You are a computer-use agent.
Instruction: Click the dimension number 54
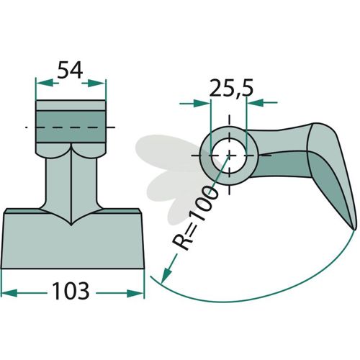click(x=70, y=70)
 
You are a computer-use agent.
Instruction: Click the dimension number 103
click(x=71, y=291)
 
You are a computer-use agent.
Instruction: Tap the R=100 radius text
click(x=195, y=218)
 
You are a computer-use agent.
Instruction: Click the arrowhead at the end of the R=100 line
click(x=166, y=276)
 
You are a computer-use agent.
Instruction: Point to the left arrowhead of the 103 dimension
click(x=9, y=293)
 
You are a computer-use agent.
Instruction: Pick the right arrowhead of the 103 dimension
click(x=135, y=293)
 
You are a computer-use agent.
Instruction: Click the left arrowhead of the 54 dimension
click(x=44, y=83)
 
